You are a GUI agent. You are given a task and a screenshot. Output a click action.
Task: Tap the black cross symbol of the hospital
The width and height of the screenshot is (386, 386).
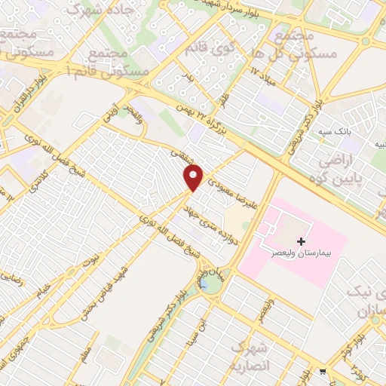point(302,242)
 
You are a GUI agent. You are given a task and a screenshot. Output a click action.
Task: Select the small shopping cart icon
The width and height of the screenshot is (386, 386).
point(323,371)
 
